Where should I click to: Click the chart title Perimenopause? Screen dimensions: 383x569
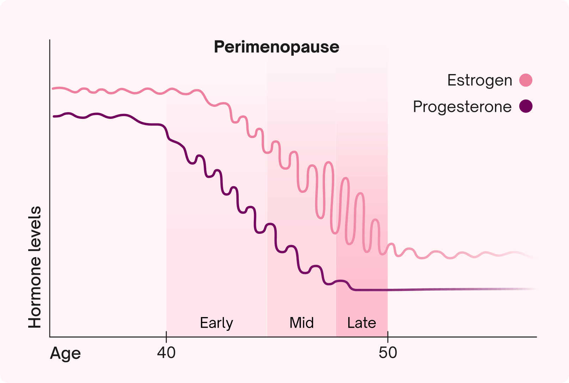pos(276,47)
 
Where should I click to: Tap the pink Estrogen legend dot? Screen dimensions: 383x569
pos(526,80)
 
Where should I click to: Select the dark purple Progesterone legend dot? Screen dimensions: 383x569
pos(526,106)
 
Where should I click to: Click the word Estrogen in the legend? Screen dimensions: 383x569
pos(479,80)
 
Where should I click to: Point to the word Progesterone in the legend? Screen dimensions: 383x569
pos(462,107)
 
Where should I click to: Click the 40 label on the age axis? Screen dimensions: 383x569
pos(166,353)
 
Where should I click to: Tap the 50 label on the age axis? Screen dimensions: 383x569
pos(388,353)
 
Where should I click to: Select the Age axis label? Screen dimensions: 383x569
pos(66,353)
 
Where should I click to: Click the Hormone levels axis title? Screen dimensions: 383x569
pos(35,267)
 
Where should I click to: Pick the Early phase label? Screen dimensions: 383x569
pos(216,323)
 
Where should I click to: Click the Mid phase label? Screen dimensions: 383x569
pos(301,323)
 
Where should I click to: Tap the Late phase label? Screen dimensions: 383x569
pos(362,323)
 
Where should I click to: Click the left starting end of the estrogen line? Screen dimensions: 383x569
pos(53,89)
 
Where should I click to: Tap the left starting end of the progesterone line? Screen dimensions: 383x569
pos(54,116)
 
